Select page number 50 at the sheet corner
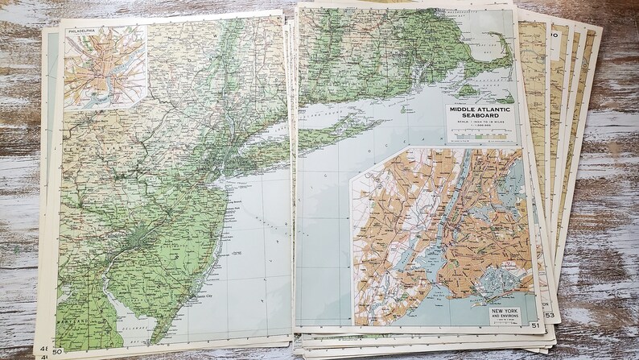[57, 351]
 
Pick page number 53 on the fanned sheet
[550, 314]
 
